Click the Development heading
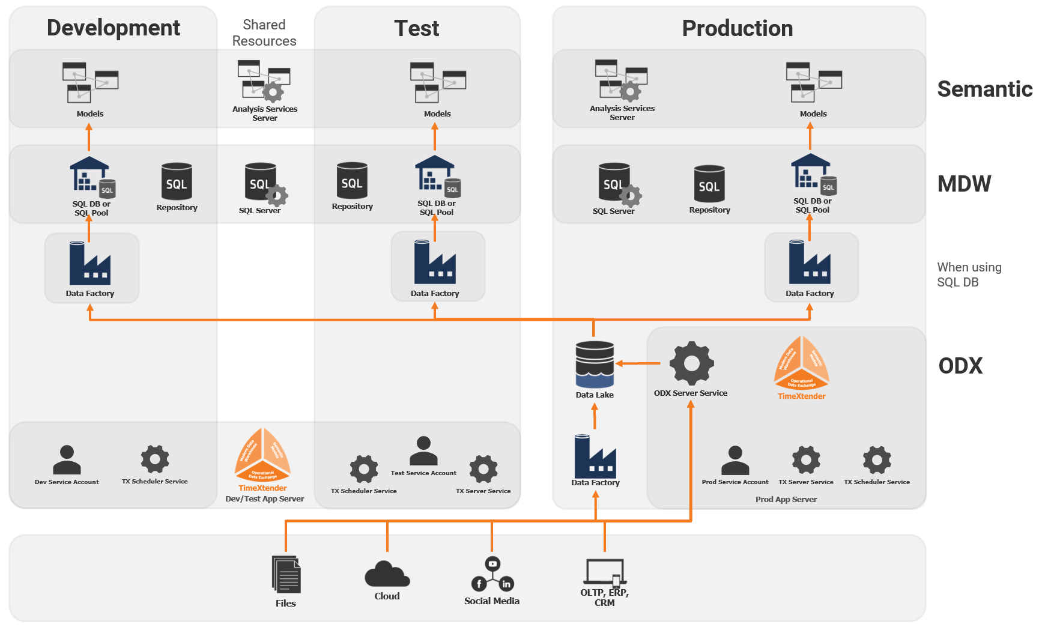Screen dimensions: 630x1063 [x=114, y=28]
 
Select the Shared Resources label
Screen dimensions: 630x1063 [x=264, y=33]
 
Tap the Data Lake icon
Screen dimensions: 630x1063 [x=595, y=365]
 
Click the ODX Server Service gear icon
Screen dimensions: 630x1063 [x=691, y=363]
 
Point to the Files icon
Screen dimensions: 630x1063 [x=286, y=575]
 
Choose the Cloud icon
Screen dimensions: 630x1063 [x=387, y=574]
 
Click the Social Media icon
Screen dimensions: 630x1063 [x=492, y=575]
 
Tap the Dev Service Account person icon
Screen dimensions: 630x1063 [x=67, y=460]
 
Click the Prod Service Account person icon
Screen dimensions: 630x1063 [x=735, y=461]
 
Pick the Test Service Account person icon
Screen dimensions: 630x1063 [x=423, y=451]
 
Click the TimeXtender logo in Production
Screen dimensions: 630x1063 [x=801, y=363]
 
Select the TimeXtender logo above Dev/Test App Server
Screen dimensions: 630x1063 [x=262, y=455]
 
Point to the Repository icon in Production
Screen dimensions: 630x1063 [x=709, y=184]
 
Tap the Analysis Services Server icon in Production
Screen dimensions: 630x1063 [x=622, y=80]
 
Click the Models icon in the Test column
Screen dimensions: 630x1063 [x=438, y=82]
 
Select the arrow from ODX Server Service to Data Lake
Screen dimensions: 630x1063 [x=638, y=363]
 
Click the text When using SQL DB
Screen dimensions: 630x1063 [x=969, y=274]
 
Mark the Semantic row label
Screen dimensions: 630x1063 [x=984, y=89]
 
